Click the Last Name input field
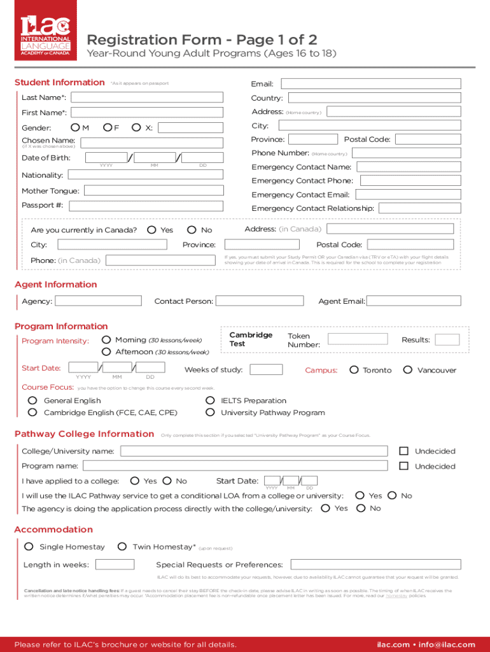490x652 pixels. pyautogui.click(x=146, y=97)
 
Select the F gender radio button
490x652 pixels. pyautogui.click(x=108, y=128)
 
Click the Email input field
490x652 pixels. pyautogui.click(x=371, y=84)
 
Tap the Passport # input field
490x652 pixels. pyautogui.click(x=146, y=206)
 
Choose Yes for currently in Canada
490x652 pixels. pyautogui.click(x=151, y=230)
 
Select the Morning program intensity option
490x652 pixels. pyautogui.click(x=106, y=340)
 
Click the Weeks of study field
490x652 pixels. pyautogui.click(x=267, y=370)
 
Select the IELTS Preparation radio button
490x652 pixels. pyautogui.click(x=210, y=400)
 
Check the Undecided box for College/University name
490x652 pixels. pyautogui.click(x=403, y=451)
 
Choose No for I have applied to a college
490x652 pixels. pyautogui.click(x=167, y=481)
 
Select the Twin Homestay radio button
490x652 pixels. pyautogui.click(x=121, y=546)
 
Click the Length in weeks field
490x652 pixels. pyautogui.click(x=115, y=565)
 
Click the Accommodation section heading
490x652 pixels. pyautogui.click(x=53, y=530)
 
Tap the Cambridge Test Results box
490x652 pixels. pyautogui.click(x=447, y=340)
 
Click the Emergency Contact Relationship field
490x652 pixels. pyautogui.click(x=419, y=208)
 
